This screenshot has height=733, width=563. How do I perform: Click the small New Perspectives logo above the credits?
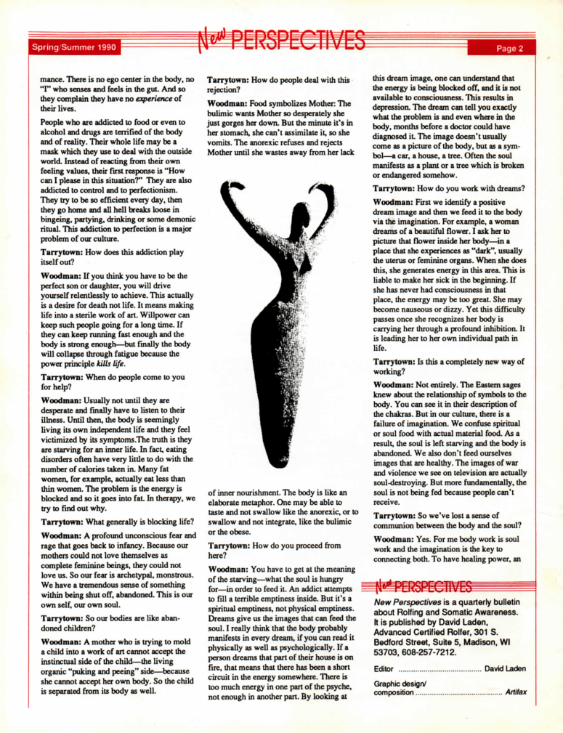[423, 587]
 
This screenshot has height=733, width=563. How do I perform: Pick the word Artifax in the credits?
[517, 692]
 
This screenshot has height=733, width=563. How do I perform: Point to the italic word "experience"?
[147, 100]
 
